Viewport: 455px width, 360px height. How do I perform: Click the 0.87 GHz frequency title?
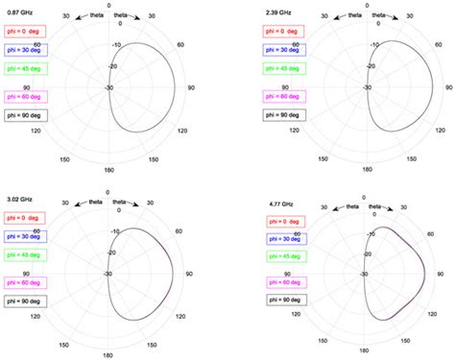point(23,12)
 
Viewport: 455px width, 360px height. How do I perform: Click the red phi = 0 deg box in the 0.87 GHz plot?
point(30,35)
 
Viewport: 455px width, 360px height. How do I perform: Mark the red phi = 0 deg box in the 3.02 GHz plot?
point(30,211)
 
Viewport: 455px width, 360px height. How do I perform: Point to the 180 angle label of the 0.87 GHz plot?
point(109,167)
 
